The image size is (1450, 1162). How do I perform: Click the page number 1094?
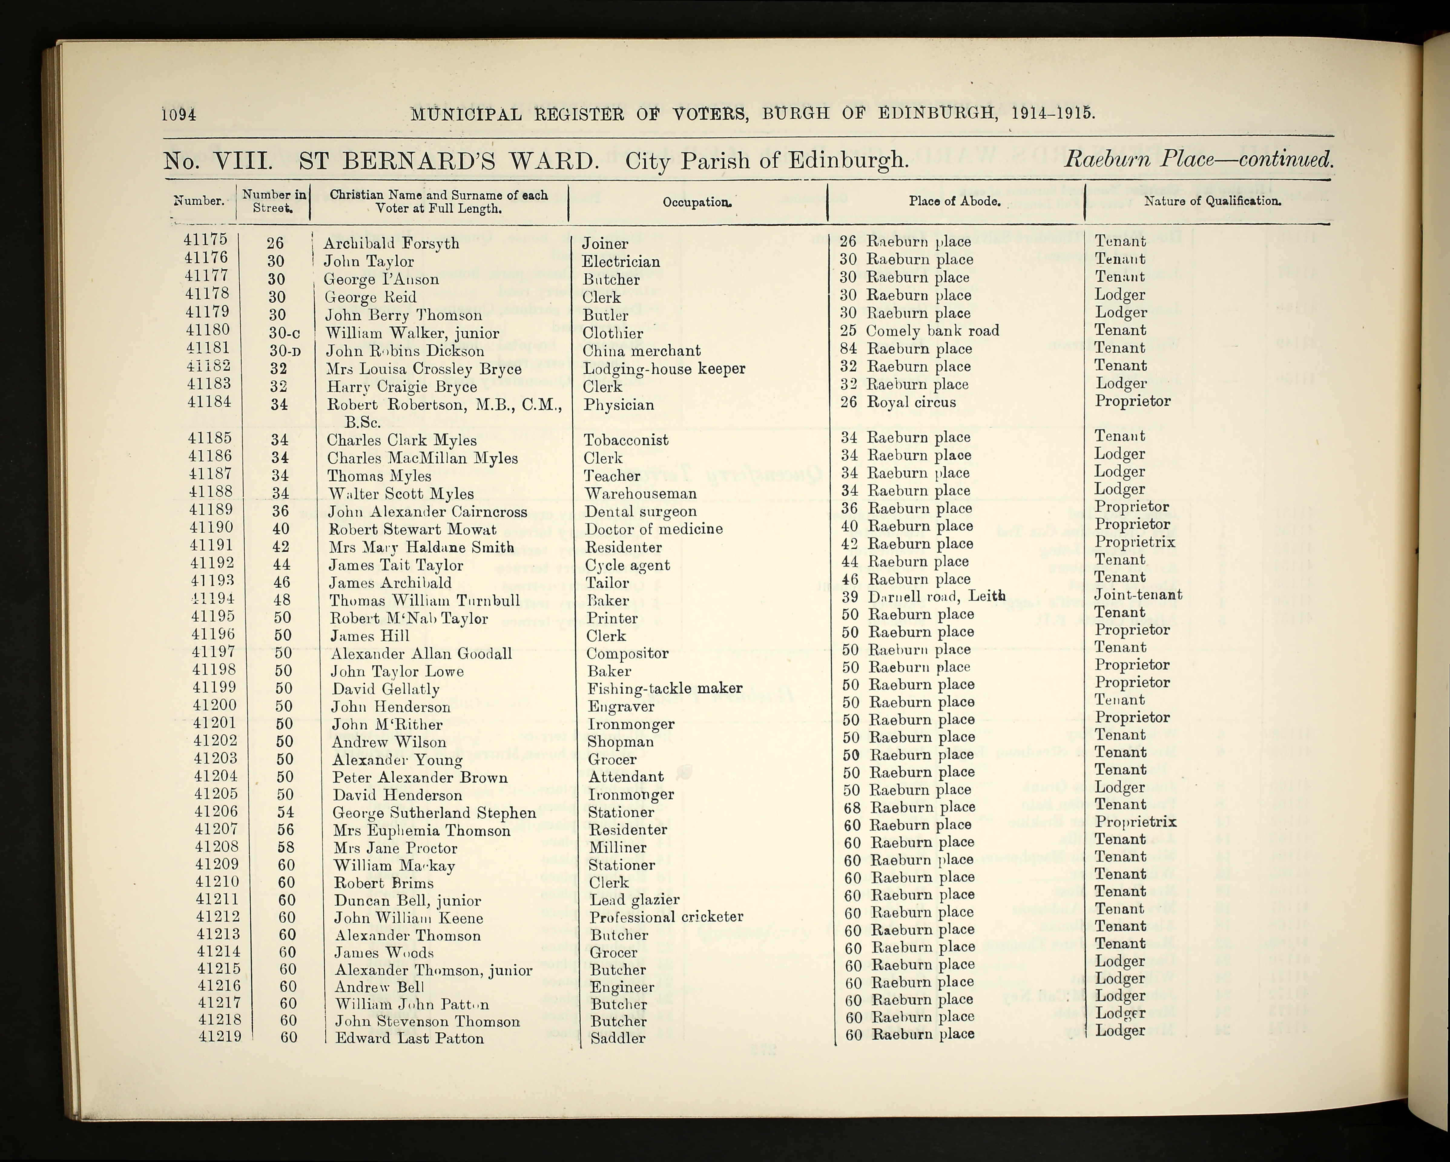pyautogui.click(x=179, y=114)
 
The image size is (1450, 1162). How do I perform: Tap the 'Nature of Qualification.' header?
pyautogui.click(x=1212, y=200)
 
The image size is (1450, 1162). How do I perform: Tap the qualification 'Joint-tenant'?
pyautogui.click(x=1137, y=594)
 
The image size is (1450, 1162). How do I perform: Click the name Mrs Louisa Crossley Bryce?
pyautogui.click(x=424, y=369)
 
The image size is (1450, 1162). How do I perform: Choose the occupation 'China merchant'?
pyautogui.click(x=641, y=351)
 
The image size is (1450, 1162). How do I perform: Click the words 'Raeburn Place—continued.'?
pyautogui.click(x=1198, y=160)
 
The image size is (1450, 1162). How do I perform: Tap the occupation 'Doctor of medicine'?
pyautogui.click(x=653, y=529)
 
